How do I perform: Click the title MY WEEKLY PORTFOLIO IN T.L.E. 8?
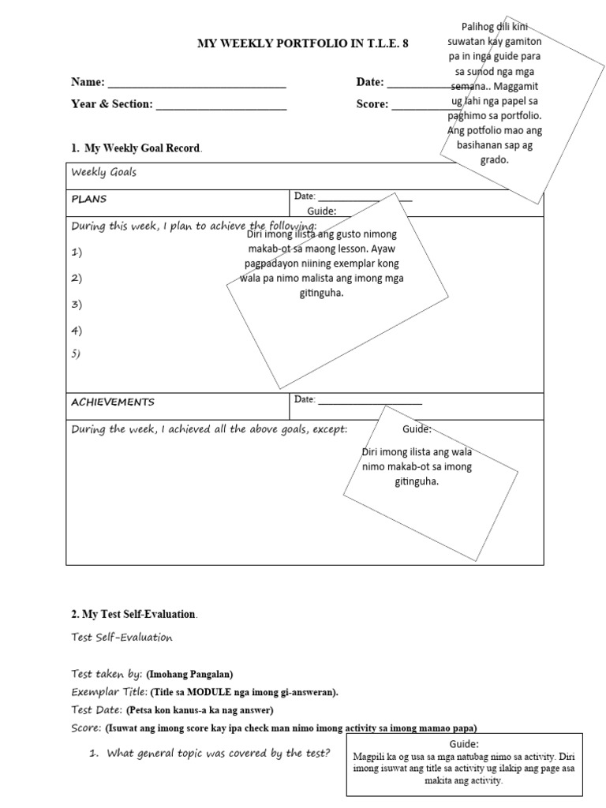point(303,44)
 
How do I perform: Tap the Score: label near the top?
point(372,104)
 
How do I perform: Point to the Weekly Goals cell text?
point(103,172)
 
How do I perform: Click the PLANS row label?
point(89,199)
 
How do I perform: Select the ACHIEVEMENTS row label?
point(113,402)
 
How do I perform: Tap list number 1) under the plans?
point(77,252)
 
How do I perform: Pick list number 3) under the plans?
point(77,305)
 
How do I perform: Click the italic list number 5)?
point(76,354)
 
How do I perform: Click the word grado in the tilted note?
point(495,160)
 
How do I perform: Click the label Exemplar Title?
point(109,692)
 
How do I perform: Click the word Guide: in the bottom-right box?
point(464,743)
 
